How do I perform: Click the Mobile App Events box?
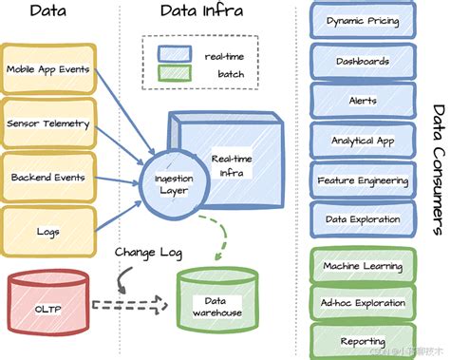click(48, 69)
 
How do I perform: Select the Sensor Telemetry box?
click(48, 123)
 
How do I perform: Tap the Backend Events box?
click(48, 178)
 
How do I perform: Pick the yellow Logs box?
click(48, 231)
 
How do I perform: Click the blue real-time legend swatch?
click(176, 58)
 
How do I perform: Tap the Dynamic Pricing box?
click(363, 21)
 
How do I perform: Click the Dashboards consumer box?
click(363, 62)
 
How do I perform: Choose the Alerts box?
click(363, 101)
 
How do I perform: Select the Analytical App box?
click(363, 141)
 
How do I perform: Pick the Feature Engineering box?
click(363, 180)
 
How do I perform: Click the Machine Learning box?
click(363, 267)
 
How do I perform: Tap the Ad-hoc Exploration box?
click(363, 303)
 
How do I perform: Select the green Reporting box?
click(363, 339)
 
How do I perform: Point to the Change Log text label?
click(147, 253)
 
